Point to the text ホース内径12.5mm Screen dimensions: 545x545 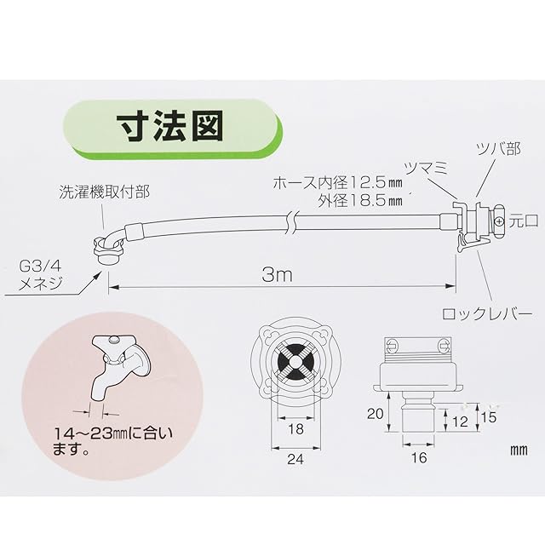coord(336,182)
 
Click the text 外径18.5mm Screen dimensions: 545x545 coord(362,202)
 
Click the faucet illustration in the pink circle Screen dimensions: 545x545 coord(119,366)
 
